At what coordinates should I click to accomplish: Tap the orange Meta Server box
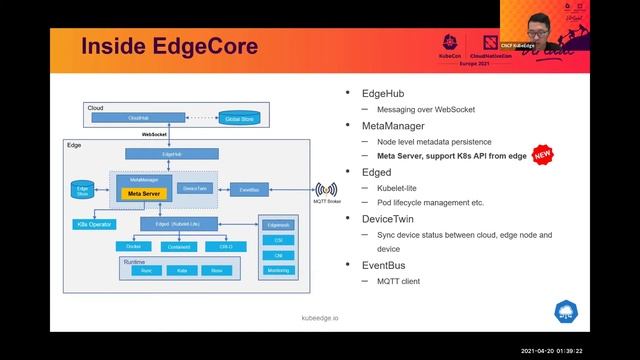tap(144, 193)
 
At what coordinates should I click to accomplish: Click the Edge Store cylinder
tap(83, 190)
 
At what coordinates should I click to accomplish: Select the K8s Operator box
tap(93, 224)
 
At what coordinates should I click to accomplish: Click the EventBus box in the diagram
tap(250, 188)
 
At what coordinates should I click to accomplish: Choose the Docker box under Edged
tap(133, 245)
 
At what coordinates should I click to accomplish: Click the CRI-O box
tap(226, 245)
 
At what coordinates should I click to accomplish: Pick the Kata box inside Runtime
tap(182, 270)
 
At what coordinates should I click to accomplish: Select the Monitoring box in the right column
tap(279, 270)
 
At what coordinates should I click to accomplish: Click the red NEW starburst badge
tap(543, 155)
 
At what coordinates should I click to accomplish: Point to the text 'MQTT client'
tap(398, 281)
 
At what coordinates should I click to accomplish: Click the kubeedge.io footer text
tap(320, 317)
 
